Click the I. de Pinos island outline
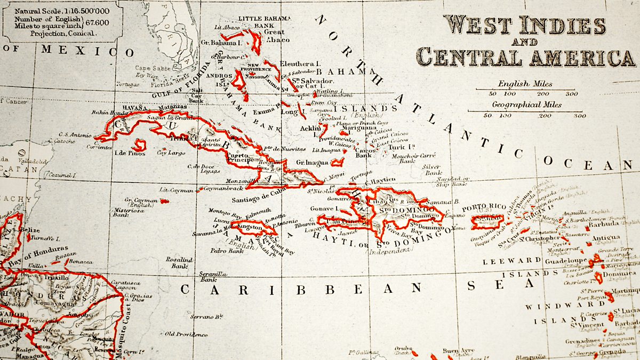coord(140,145)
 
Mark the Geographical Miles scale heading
coord(526,105)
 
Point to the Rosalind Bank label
coord(179,262)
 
